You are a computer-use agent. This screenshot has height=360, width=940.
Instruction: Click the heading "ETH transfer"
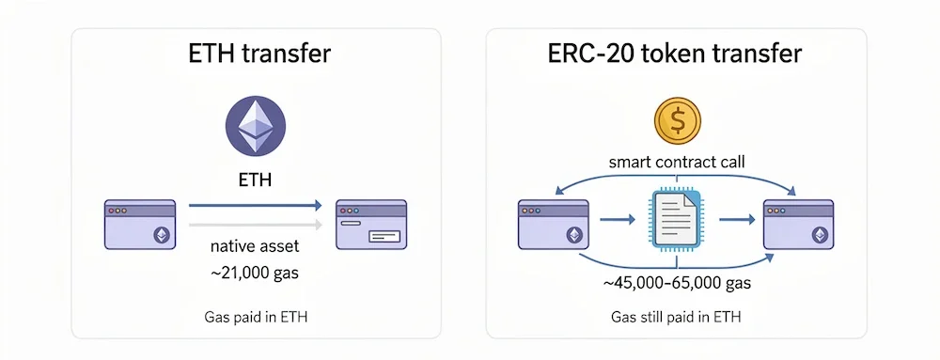click(257, 54)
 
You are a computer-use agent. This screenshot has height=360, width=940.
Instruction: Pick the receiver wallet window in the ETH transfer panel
click(371, 224)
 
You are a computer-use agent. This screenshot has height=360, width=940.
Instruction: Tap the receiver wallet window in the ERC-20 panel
click(798, 224)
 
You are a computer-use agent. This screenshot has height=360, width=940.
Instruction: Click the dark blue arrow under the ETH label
click(256, 205)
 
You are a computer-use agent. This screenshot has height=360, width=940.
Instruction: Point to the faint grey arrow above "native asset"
click(256, 225)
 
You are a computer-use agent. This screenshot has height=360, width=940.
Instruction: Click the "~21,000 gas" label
click(257, 274)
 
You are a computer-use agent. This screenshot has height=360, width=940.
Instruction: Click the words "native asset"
click(257, 250)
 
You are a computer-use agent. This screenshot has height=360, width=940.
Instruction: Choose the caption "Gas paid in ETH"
click(257, 318)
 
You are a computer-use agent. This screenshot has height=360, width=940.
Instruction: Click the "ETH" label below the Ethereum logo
click(257, 179)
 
